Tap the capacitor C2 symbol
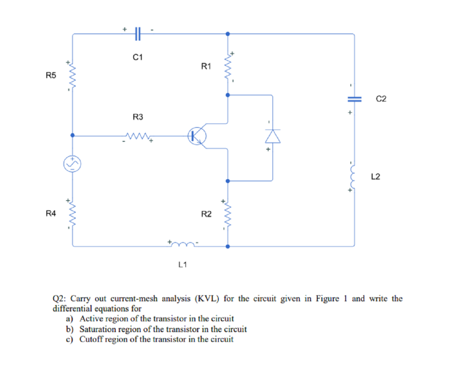[x=354, y=99]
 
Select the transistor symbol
[x=196, y=136]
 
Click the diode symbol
[x=272, y=137]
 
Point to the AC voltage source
[x=72, y=163]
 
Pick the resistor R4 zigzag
[x=72, y=214]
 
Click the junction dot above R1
[x=227, y=33]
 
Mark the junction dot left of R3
[x=72, y=136]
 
